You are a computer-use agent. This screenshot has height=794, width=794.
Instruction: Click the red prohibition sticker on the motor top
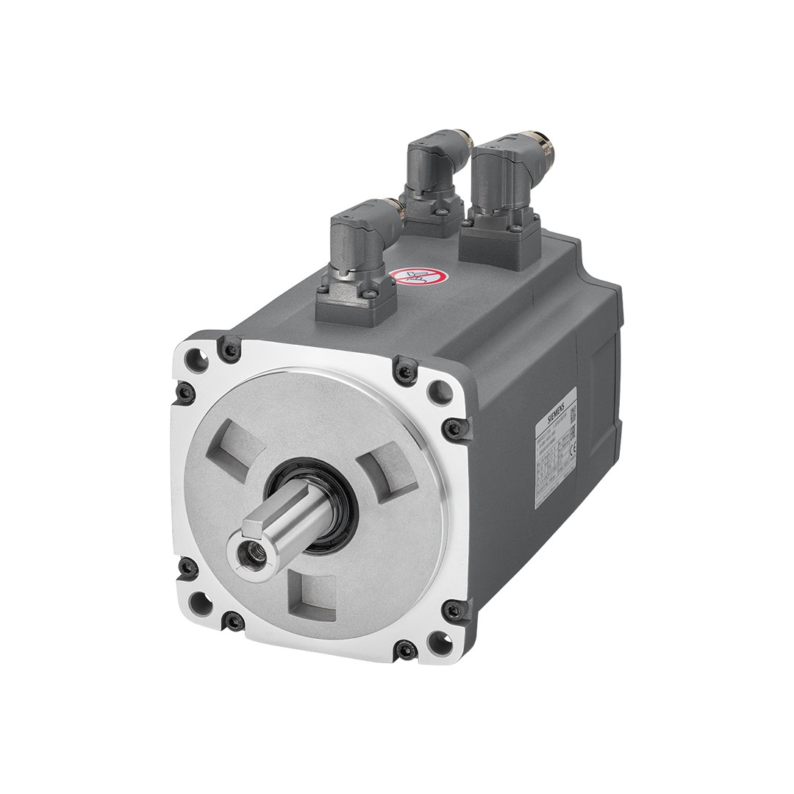click(418, 278)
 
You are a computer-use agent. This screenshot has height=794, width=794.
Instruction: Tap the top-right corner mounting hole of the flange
click(440, 391)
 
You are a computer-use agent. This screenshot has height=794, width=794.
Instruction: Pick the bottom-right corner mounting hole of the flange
click(439, 641)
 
